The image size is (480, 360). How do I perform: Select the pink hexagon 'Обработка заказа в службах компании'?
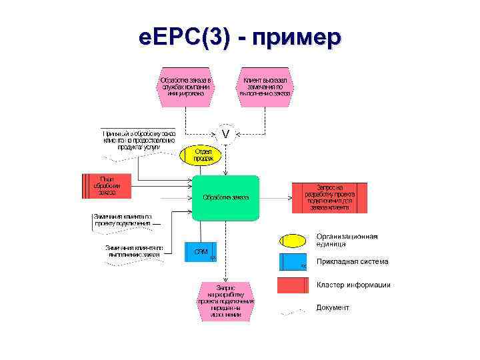tap(186, 87)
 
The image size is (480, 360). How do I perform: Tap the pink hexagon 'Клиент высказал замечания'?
tap(265, 87)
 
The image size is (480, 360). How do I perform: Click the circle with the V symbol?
tap(226, 135)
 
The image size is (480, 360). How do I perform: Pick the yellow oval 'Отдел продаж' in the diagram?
tap(203, 155)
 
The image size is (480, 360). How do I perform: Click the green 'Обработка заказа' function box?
tap(225, 197)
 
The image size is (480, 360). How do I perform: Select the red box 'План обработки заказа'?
tap(106, 186)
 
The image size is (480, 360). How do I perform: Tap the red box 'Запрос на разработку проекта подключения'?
tap(329, 197)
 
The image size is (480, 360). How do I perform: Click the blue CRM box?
tap(201, 251)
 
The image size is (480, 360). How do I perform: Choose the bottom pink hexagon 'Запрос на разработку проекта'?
tap(226, 301)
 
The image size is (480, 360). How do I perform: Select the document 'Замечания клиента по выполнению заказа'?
tap(133, 251)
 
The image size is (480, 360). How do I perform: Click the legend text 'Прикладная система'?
tap(352, 262)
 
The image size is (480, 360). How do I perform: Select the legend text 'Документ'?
tap(333, 308)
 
